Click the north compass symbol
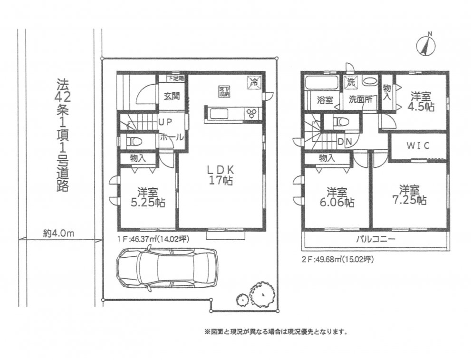click(x=426, y=45)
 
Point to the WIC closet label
click(x=418, y=146)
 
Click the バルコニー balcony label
click(x=375, y=239)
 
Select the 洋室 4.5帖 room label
click(x=421, y=101)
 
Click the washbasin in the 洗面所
click(x=368, y=82)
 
